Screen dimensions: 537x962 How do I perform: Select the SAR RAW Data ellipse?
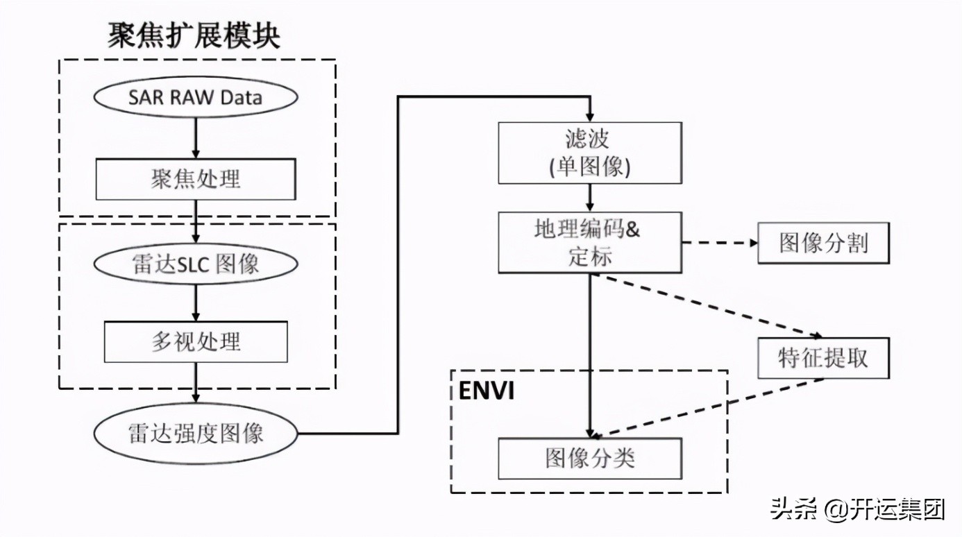tap(196, 96)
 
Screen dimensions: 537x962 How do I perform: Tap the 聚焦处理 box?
tap(196, 179)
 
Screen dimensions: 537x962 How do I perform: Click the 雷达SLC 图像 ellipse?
tap(196, 264)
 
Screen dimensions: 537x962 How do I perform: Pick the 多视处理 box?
tap(196, 341)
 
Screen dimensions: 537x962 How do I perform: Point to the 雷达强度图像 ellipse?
tap(196, 434)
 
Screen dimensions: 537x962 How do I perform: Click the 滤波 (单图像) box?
tap(589, 153)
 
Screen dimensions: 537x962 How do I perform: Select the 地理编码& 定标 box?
tap(589, 243)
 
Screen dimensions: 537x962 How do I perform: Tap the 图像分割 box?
tap(822, 243)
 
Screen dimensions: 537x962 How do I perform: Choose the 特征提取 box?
tap(822, 358)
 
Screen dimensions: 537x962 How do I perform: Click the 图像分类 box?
tap(589, 459)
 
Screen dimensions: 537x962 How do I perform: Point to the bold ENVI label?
tap(487, 391)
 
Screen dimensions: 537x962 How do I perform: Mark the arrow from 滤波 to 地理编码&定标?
tap(589, 198)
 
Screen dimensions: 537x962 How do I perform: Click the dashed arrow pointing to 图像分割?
tap(718, 243)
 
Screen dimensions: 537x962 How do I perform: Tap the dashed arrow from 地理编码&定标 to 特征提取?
tap(708, 305)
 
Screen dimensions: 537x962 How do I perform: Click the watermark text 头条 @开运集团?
tap(858, 510)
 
